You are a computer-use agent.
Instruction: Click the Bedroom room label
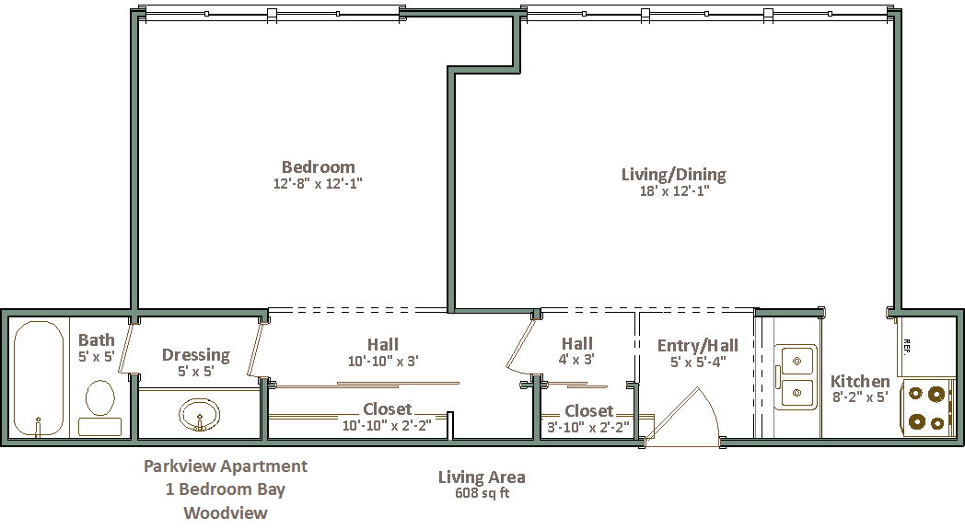click(x=319, y=167)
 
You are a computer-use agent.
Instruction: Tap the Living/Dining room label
click(x=674, y=175)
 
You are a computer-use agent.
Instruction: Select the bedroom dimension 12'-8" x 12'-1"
click(x=318, y=183)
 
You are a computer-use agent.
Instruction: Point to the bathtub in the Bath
click(x=38, y=379)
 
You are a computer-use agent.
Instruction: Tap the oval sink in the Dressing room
click(x=200, y=414)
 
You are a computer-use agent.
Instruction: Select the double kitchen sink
click(x=796, y=377)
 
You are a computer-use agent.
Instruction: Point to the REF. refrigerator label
click(x=907, y=346)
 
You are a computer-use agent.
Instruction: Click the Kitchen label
click(x=860, y=381)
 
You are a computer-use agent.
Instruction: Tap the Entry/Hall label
click(x=697, y=346)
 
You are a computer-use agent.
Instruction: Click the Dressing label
click(x=196, y=355)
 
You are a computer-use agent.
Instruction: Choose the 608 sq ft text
click(x=482, y=493)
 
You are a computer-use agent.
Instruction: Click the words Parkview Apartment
click(x=226, y=466)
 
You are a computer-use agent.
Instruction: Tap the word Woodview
click(x=226, y=512)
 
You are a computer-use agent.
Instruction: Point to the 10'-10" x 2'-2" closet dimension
click(x=387, y=425)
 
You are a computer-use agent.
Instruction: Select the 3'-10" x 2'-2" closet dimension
click(x=588, y=427)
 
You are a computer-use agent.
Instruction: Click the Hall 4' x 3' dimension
click(x=576, y=359)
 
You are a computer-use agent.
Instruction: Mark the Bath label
click(x=97, y=339)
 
